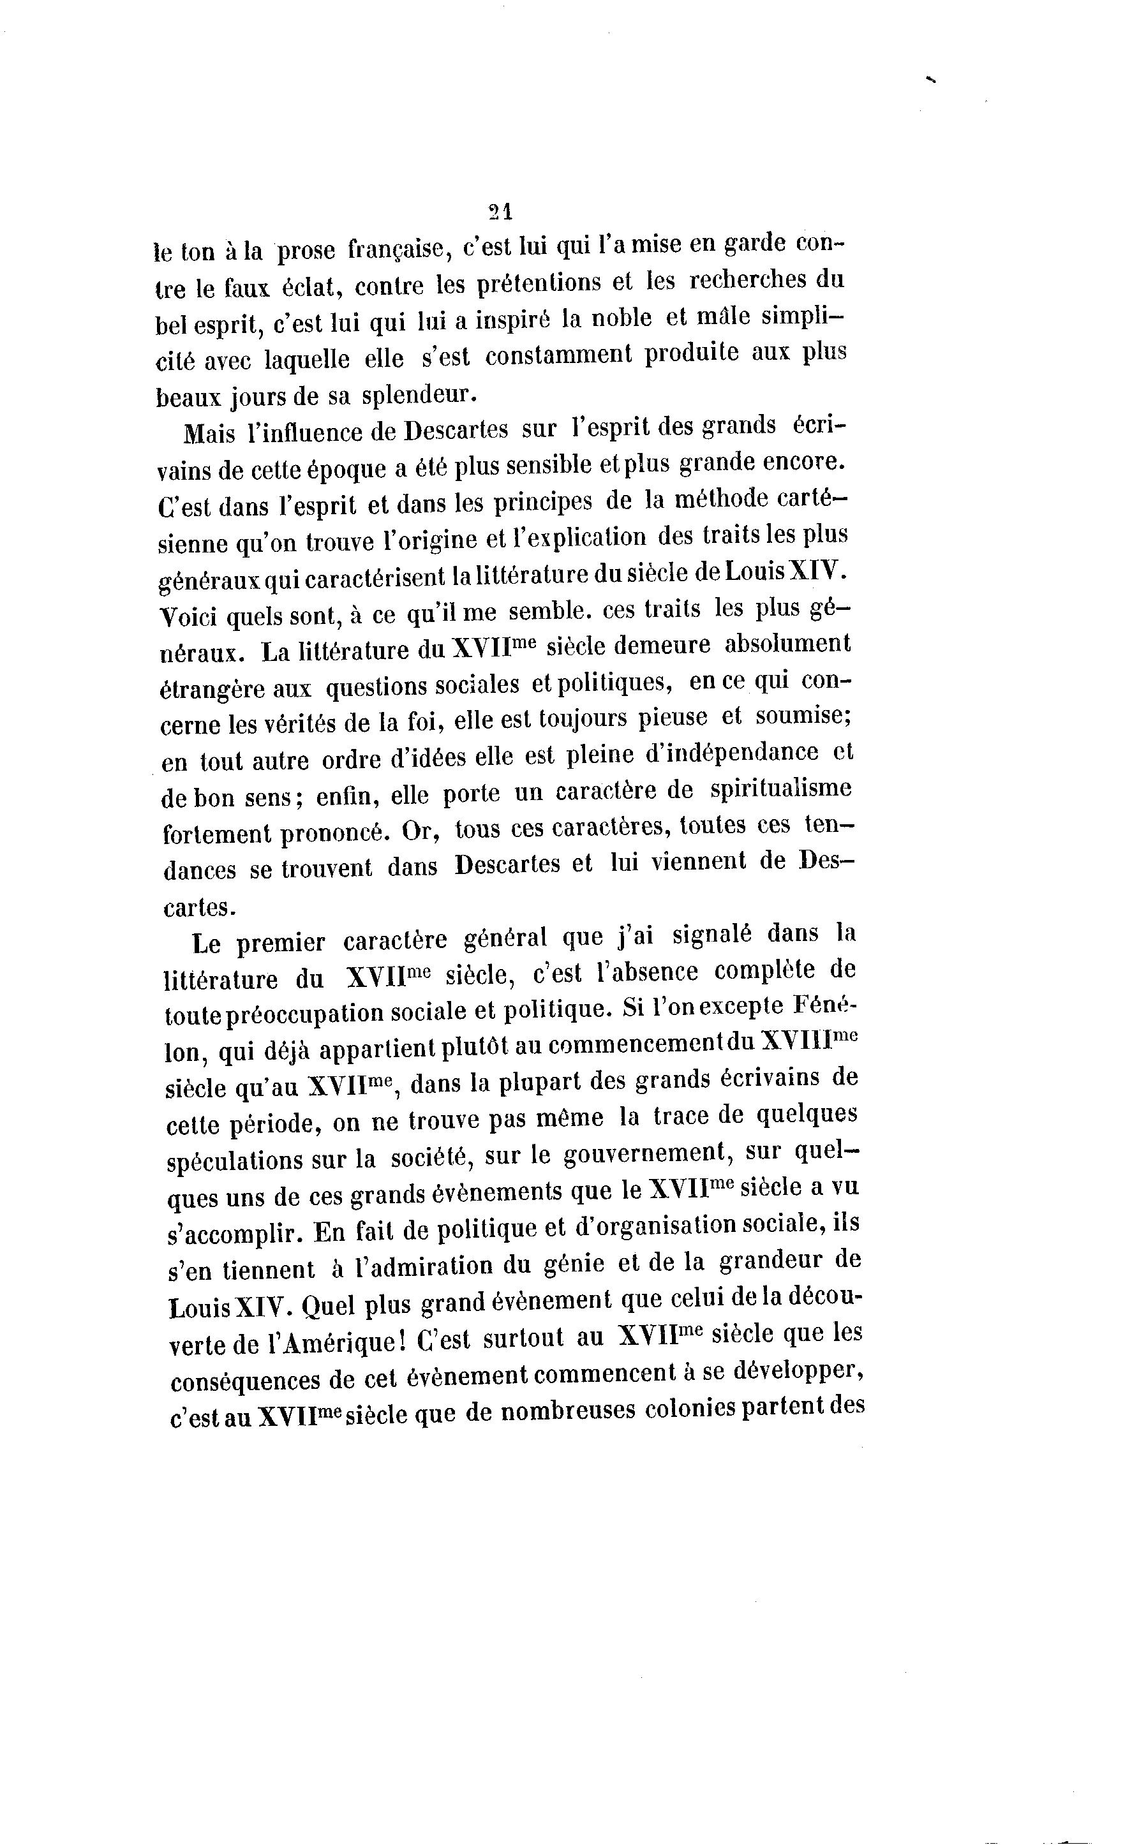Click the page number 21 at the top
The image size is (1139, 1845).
point(500,212)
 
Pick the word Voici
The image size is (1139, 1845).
point(189,617)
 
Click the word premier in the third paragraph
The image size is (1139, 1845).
point(280,943)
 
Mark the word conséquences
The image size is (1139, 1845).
point(242,1381)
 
